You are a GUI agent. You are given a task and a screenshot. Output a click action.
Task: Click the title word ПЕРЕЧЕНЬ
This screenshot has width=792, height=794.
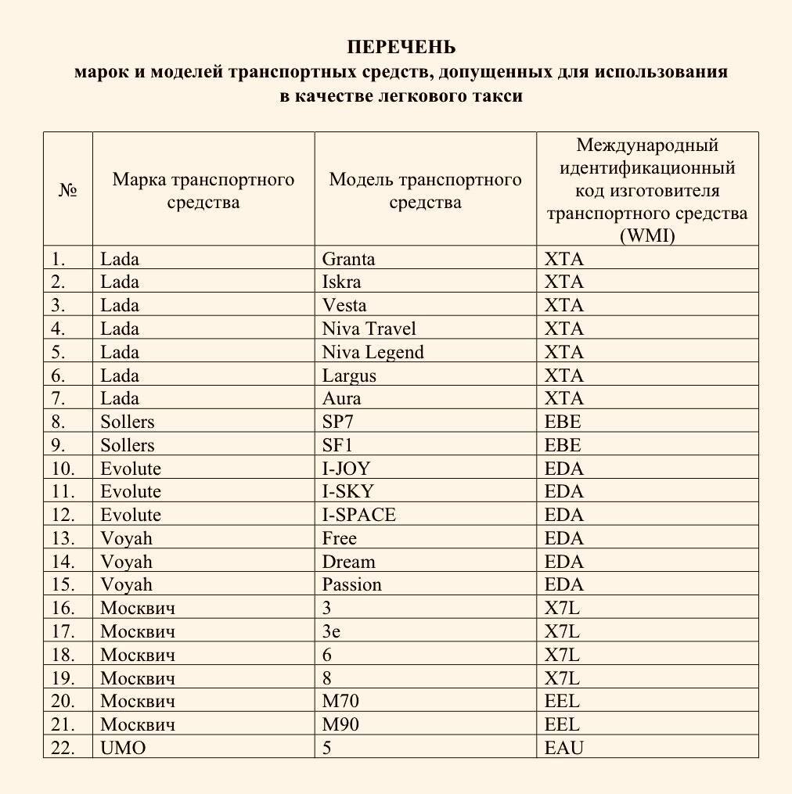tap(401, 47)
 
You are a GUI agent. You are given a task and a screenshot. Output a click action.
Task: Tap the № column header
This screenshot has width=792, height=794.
tap(68, 190)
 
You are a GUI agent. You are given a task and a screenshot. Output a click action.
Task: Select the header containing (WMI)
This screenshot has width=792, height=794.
tap(646, 190)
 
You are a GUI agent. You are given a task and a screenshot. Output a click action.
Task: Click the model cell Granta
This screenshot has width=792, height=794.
tap(348, 259)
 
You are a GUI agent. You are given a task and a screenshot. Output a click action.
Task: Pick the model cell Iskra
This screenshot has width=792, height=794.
tap(341, 282)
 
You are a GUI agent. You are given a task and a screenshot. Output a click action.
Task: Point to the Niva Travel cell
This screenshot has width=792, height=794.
tap(369, 329)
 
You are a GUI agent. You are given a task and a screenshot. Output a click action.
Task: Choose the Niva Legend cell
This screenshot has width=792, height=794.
tap(373, 352)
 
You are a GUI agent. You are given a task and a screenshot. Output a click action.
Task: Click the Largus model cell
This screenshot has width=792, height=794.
tap(349, 375)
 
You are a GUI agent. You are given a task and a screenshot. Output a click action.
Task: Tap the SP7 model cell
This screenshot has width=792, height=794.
tap(338, 422)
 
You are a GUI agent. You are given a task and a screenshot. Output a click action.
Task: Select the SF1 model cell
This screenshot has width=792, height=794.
tap(337, 445)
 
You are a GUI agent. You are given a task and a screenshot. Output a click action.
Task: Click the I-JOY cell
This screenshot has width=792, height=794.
tap(346, 469)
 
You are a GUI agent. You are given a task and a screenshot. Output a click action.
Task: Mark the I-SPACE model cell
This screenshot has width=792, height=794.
tap(358, 515)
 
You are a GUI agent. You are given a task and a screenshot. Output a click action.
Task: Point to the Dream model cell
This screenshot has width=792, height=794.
tap(348, 562)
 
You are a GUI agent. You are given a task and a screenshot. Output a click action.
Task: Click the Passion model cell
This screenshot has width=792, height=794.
tap(351, 584)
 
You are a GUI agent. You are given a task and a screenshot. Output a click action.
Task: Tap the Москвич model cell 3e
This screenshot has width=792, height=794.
tap(331, 631)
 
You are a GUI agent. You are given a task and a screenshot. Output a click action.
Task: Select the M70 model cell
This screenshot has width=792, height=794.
tap(340, 701)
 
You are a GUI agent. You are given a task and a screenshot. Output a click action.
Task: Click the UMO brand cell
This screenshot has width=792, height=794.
tap(123, 748)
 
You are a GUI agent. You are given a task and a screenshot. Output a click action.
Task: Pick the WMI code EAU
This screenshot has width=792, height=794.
tap(563, 748)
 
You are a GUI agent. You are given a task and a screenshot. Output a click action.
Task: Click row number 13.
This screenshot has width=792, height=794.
tap(63, 538)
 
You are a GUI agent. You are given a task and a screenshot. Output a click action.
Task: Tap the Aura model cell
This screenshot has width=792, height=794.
tap(341, 398)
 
